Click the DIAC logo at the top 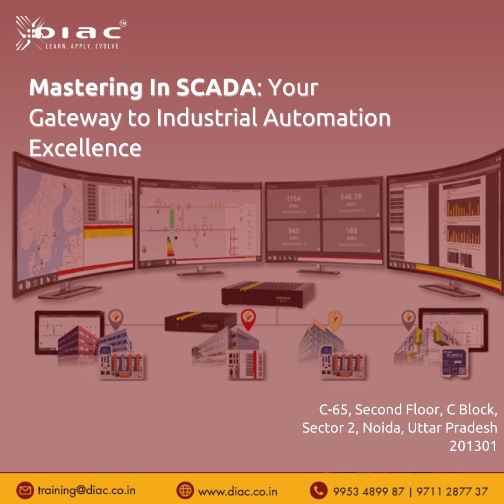tap(70, 33)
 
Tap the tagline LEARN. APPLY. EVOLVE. tap(83, 47)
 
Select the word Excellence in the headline tap(85, 148)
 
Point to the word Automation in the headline tap(327, 118)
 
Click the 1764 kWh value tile tap(293, 203)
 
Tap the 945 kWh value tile tap(293, 235)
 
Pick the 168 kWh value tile tap(351, 235)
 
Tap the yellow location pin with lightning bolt tap(335, 320)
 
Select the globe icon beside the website tap(185, 491)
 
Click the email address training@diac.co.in tap(86, 491)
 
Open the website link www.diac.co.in tap(238, 491)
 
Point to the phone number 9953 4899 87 tap(369, 491)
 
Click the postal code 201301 tap(473, 446)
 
